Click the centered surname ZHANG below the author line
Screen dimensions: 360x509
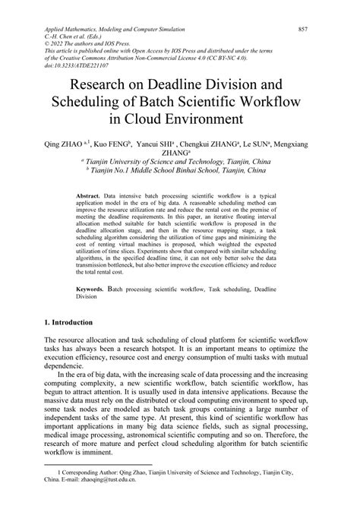coord(176,151)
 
